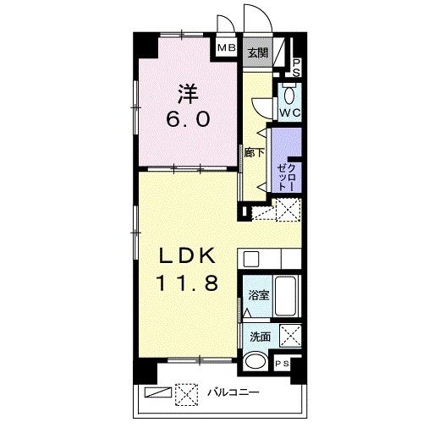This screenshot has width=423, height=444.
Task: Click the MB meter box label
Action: (x=227, y=47)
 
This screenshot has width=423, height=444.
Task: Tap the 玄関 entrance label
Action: (x=258, y=52)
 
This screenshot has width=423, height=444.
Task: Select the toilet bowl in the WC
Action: (x=289, y=94)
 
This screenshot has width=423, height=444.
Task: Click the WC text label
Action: (x=290, y=112)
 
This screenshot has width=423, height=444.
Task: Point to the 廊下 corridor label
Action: (x=254, y=153)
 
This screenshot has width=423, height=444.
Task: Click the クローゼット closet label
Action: (x=287, y=177)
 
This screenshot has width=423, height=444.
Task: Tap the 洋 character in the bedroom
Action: (x=188, y=94)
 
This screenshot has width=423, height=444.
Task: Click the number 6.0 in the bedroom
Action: (x=188, y=118)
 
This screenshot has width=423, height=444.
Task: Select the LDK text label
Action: (x=187, y=255)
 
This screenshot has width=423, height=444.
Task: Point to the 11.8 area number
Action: (x=187, y=282)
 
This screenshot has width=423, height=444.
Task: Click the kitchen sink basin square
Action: (x=251, y=259)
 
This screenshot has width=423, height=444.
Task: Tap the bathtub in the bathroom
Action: (x=286, y=296)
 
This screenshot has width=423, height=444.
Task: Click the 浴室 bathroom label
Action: (x=259, y=295)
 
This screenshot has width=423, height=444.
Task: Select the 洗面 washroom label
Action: (x=260, y=337)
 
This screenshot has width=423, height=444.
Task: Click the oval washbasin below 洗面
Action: (x=255, y=361)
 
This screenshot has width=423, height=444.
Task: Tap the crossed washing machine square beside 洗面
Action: (x=290, y=336)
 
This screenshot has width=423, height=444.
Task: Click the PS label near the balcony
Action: (x=283, y=364)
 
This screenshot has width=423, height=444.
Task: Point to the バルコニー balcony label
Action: (x=233, y=392)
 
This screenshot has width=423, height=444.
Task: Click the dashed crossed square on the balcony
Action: (x=186, y=394)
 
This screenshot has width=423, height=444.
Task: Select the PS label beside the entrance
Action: (x=296, y=68)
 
